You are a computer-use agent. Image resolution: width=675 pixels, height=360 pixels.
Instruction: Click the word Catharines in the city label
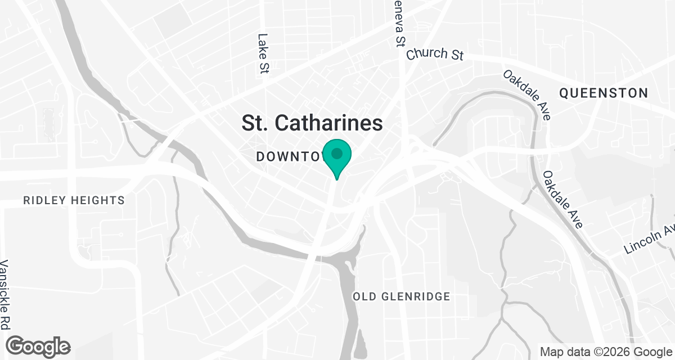(328, 123)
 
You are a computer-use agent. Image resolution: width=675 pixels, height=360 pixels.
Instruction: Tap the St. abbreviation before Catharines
(254, 123)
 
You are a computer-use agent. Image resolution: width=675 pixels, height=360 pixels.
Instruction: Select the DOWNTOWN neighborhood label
(290, 156)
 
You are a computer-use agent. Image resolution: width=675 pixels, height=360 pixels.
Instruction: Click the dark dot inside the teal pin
(337, 153)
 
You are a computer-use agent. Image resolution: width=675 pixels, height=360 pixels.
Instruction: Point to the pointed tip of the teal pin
(337, 179)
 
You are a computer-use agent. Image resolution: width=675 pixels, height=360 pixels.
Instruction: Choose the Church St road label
(435, 54)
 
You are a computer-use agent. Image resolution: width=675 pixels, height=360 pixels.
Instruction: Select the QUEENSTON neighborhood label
(603, 93)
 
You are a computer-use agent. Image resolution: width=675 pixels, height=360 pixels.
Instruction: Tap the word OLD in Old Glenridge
(363, 296)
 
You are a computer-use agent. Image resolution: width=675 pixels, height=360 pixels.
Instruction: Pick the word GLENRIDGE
(415, 296)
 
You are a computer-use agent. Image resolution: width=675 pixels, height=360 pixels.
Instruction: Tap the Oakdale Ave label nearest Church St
(527, 94)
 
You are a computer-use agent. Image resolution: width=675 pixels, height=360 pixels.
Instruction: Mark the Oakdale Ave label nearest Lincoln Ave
(563, 200)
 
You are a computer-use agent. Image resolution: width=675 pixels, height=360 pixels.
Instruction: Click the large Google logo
(38, 346)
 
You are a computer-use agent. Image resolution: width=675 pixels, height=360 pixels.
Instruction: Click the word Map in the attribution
(552, 352)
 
